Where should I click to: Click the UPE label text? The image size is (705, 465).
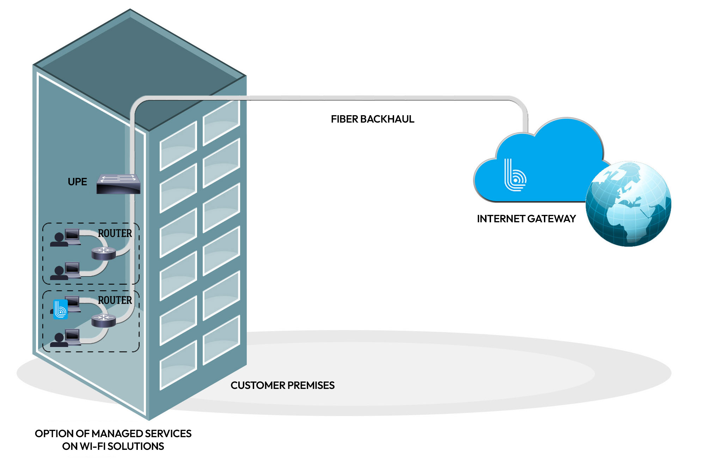click(77, 182)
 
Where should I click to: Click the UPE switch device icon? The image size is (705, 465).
click(118, 184)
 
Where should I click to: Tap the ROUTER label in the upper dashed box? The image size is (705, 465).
click(115, 233)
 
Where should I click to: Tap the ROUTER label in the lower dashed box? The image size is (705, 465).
click(115, 300)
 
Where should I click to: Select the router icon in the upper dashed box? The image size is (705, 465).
click(104, 253)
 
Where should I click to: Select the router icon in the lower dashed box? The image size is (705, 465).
click(104, 320)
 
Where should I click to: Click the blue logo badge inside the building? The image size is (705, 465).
click(60, 309)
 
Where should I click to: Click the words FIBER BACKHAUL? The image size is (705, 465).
click(372, 119)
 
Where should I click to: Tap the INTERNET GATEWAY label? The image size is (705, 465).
click(526, 219)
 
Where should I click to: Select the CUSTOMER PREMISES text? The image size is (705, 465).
click(282, 385)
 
